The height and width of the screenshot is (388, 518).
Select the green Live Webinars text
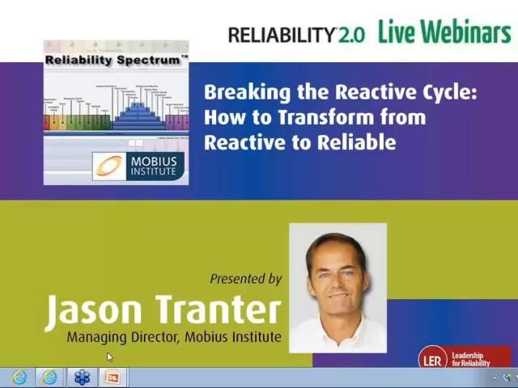[444, 32]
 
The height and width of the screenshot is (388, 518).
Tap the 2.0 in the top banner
[352, 34]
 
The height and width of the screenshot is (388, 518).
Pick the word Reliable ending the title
[356, 142]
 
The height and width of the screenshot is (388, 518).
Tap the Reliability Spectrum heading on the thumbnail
[116, 60]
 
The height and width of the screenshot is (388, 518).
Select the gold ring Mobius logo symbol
[110, 167]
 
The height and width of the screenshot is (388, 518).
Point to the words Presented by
[245, 279]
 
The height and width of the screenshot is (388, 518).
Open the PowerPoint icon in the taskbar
[112, 377]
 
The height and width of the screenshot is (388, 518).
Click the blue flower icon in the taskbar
[82, 377]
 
